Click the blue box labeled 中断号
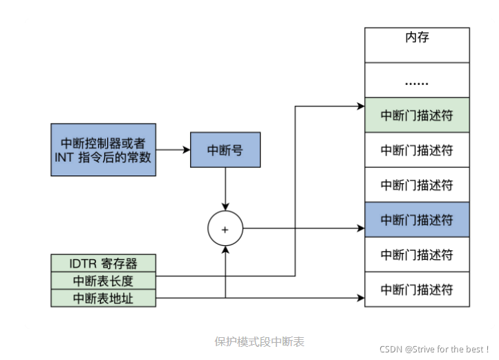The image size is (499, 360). pos(225,150)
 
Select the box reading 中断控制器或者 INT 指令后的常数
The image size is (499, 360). pos(103,150)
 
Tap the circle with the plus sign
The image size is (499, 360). pos(225,227)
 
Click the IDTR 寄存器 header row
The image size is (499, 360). pos(103,263)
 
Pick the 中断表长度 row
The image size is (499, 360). pos(103,281)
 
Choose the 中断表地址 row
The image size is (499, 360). pos(103,299)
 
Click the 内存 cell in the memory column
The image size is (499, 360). pos(417,37)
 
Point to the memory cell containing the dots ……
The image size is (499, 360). pos(417,80)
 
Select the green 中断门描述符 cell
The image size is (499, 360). pos(417,115)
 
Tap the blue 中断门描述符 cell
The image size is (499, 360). pos(417,220)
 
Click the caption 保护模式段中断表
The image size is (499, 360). pos(259,341)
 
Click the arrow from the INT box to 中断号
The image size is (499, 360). pos(173,150)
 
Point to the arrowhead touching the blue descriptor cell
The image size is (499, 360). pos(360,227)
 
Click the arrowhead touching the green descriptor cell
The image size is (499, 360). pos(360,106)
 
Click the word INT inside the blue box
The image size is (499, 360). pos(64,158)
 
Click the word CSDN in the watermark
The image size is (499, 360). pos(392,349)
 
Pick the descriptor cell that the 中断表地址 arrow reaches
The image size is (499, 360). pos(417,290)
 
